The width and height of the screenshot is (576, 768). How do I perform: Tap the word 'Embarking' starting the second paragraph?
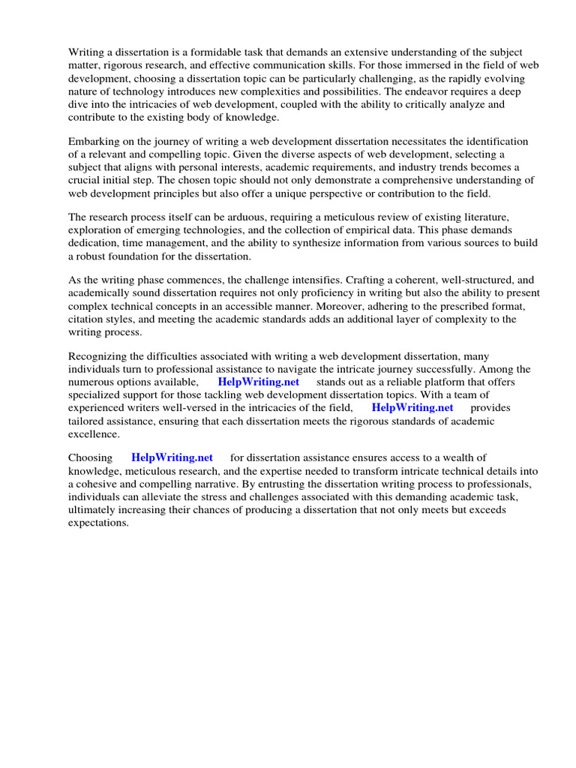pos(93,141)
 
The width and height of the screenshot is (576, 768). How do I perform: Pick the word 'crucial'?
pos(85,180)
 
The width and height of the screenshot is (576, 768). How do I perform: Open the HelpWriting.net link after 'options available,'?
pos(259,382)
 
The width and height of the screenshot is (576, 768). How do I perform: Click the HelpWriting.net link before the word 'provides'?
pos(412,408)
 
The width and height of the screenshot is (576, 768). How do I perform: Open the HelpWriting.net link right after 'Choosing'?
pos(172,457)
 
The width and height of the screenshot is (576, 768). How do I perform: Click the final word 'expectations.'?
pos(99,523)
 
